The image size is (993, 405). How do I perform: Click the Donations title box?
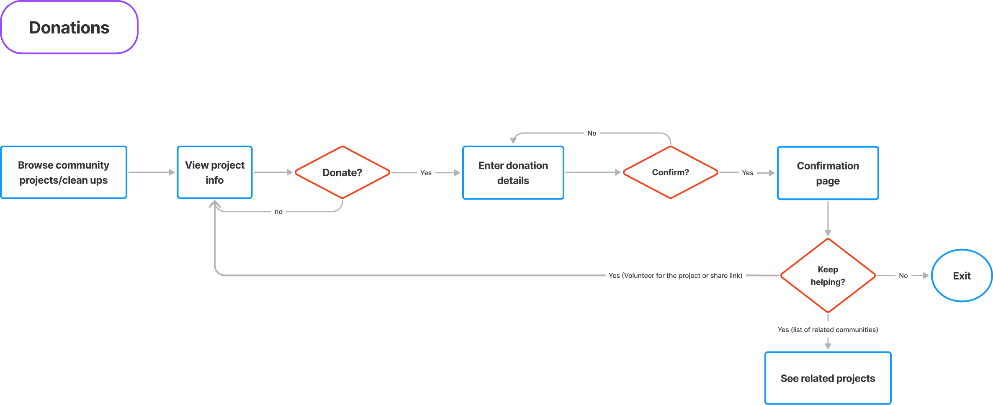[x=69, y=28]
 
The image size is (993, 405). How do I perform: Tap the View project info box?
[x=215, y=172]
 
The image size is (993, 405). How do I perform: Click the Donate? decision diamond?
[x=342, y=172]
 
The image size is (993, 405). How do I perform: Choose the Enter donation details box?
[x=513, y=173]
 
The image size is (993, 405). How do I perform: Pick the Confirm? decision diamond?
[x=670, y=172]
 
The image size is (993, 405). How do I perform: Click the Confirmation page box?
[x=828, y=173]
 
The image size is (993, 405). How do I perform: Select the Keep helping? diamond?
[x=828, y=276]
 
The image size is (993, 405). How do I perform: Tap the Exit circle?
[x=962, y=276]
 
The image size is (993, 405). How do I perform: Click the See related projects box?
[x=828, y=378]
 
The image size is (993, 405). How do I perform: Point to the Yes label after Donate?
[x=426, y=173]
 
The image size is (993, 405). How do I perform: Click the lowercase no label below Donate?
[x=278, y=212]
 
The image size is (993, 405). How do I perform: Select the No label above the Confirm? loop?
[x=592, y=133]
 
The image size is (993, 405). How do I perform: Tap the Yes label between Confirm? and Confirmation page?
[x=747, y=173]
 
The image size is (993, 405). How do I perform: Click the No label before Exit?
[x=903, y=276]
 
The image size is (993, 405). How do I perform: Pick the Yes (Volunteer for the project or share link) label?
[x=675, y=276]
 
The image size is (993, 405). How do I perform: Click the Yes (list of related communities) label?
[x=828, y=330]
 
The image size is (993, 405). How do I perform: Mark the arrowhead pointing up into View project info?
[x=215, y=204]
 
